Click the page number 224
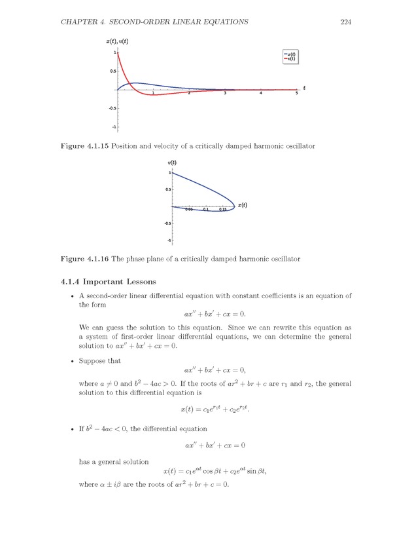347,22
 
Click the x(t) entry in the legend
291,54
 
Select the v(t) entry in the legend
291,59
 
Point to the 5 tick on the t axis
296,94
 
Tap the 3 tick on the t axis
224,94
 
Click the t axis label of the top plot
304,87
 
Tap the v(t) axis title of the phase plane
173,162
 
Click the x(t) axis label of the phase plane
243,205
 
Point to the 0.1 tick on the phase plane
206,210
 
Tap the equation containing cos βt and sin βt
215,471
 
